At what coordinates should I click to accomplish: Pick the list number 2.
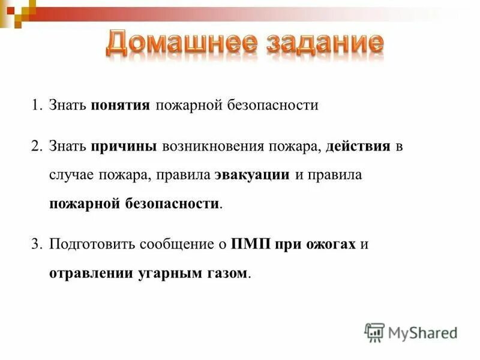37,147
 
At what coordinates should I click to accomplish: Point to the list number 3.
37,245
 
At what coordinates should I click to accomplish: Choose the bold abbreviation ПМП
252,245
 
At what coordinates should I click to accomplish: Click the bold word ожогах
332,245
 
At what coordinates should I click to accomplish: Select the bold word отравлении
89,274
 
